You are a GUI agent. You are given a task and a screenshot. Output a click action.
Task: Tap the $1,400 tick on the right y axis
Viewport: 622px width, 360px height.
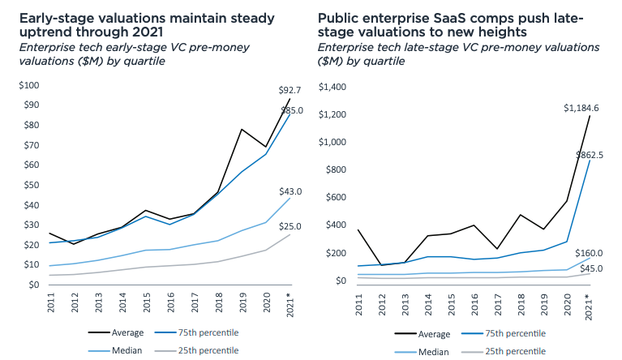tap(332, 88)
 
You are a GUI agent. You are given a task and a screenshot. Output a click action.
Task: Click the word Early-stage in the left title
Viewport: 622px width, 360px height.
tap(54, 17)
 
